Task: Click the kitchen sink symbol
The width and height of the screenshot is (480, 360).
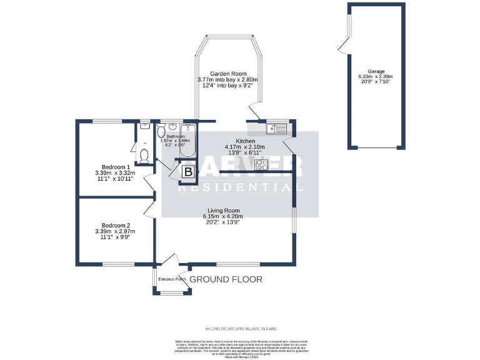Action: (x=276, y=129)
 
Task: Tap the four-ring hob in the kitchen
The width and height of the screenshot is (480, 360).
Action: (x=262, y=165)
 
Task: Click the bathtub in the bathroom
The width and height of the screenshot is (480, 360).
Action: (x=187, y=141)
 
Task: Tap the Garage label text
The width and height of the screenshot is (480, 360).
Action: (x=376, y=71)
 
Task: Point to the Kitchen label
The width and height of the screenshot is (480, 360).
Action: (x=244, y=141)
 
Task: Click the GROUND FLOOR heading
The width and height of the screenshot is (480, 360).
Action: (x=226, y=279)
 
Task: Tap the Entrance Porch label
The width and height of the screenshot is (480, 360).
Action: (x=172, y=279)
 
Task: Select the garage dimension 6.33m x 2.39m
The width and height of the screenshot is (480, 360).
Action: (x=376, y=77)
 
